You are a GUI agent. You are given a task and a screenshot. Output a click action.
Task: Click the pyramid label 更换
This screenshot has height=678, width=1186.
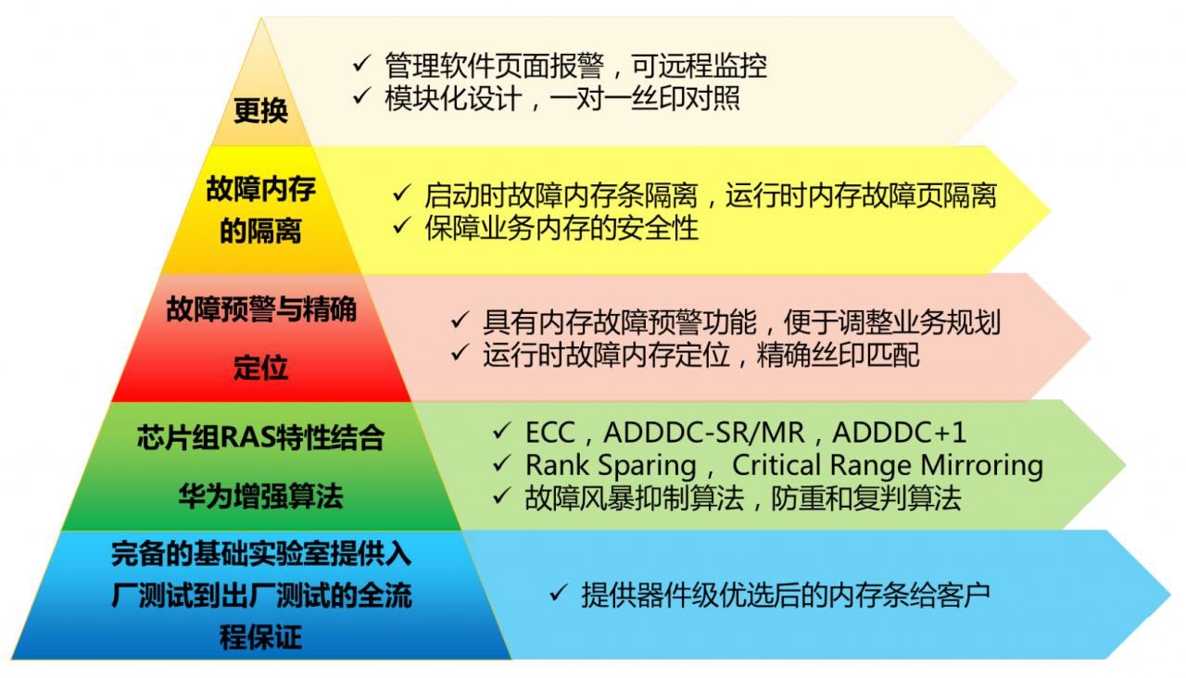coord(260,111)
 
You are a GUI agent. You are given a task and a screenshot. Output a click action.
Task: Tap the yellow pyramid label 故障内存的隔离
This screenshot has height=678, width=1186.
coord(260,210)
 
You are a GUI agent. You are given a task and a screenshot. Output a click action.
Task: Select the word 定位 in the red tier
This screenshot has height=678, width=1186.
coord(260,368)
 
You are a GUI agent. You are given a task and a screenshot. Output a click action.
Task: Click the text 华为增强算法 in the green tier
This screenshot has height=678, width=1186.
coord(260,496)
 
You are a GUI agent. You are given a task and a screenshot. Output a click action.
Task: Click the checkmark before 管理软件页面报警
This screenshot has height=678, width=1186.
coord(361,65)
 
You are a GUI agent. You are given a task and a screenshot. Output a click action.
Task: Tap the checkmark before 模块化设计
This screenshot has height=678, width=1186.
coord(361,96)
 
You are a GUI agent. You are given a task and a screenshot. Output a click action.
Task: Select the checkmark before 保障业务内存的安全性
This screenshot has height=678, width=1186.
coord(402,227)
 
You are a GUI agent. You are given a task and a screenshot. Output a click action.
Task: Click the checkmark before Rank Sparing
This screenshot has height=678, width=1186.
coord(503,464)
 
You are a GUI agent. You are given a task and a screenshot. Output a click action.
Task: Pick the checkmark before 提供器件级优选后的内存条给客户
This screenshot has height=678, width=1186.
coord(558,594)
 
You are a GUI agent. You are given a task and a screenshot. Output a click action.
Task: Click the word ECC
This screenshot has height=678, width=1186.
coord(550,433)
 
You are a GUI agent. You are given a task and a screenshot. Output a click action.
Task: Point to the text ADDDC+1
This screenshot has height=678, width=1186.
coord(899,433)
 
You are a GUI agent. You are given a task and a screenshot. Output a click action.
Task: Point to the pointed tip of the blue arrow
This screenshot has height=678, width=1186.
coord(1169,594)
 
